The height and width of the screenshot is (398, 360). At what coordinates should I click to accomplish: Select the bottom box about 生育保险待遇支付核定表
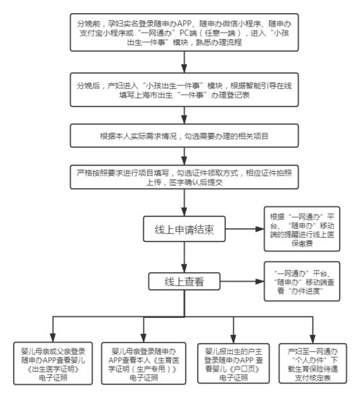click(x=312, y=360)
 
